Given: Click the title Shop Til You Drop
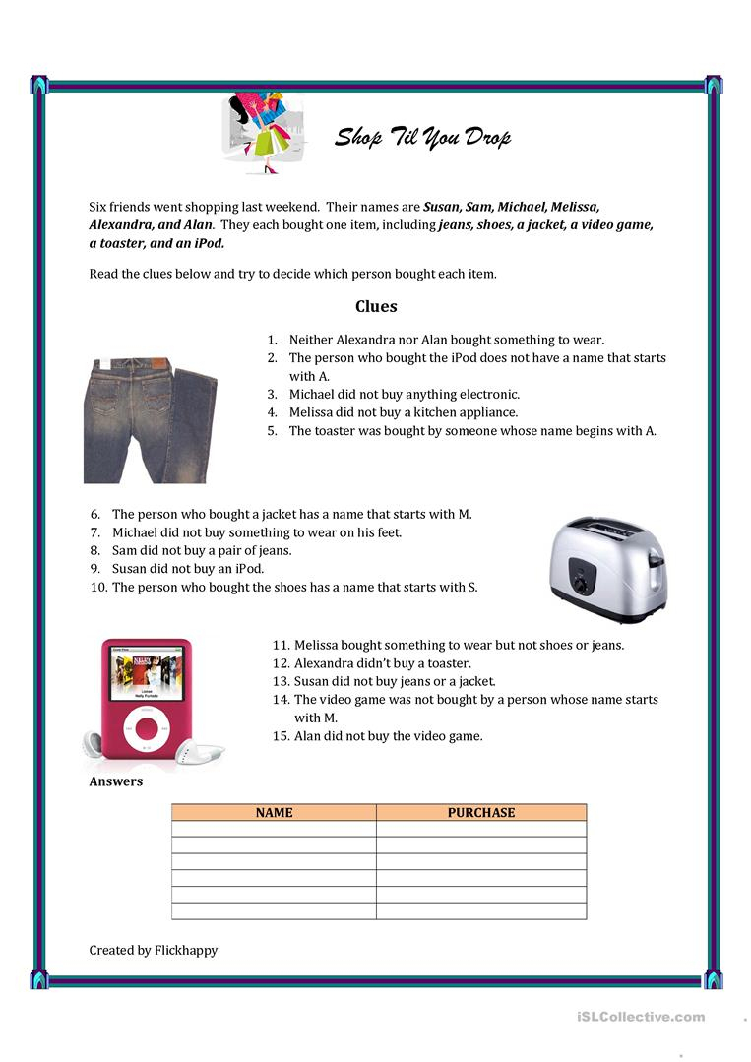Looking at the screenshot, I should point(423,137).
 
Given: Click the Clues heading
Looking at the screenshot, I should point(376,306).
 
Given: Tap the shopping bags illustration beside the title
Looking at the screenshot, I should point(259,132).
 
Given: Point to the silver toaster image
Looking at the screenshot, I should point(607,568).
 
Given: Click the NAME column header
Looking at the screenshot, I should point(274,813).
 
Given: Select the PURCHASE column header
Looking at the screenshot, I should point(480,813).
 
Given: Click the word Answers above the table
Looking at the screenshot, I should point(116,781).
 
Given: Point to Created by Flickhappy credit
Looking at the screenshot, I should point(154,950).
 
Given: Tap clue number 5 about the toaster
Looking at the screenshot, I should point(472,430).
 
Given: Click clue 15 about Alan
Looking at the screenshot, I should point(388,736).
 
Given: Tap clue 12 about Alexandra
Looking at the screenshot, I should point(382,663).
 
